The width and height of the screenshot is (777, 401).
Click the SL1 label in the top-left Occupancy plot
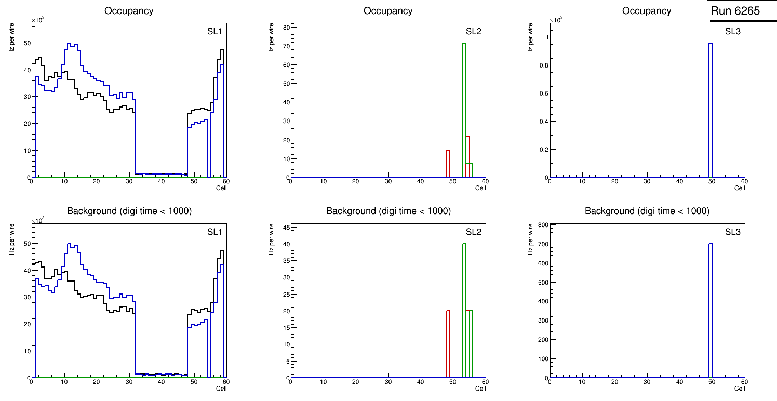coord(215,32)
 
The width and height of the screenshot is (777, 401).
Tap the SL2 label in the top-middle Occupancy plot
coord(474,32)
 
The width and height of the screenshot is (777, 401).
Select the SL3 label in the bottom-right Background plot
coord(732,232)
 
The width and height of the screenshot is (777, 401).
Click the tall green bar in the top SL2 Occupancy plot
coord(464,104)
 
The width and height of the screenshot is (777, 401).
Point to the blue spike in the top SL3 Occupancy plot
coord(710,104)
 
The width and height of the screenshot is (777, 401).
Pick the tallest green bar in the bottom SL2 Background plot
coord(464,306)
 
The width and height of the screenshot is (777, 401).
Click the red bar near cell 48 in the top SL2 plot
coord(448,164)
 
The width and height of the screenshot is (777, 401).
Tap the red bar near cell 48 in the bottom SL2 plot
coord(448,343)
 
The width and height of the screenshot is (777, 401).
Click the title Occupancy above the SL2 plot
coord(388,11)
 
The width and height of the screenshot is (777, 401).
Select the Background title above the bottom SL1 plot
coord(129,211)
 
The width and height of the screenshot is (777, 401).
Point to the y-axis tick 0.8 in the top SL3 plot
coord(541,65)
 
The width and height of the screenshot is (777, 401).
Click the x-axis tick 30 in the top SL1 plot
coord(129,181)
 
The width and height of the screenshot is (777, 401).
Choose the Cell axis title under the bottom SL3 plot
coord(739,388)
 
